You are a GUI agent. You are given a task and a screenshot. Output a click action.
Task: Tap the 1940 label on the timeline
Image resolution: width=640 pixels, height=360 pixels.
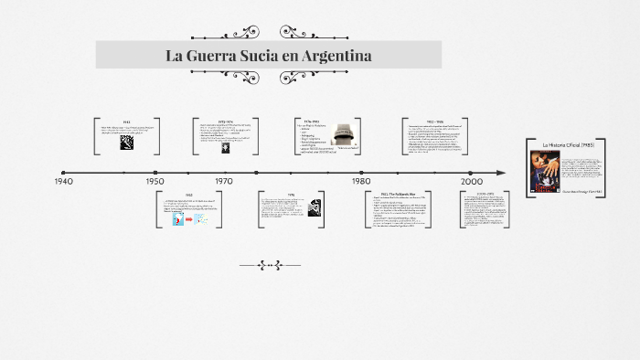tap(63, 182)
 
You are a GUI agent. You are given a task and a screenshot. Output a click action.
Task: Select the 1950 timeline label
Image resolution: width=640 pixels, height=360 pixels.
tap(155, 182)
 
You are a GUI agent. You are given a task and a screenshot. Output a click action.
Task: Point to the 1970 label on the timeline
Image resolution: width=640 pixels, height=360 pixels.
tap(224, 182)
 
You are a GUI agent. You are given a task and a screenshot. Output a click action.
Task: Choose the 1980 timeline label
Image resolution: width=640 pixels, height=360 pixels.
tap(362, 182)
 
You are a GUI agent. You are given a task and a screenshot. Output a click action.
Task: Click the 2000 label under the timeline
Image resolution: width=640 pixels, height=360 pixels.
tap(471, 182)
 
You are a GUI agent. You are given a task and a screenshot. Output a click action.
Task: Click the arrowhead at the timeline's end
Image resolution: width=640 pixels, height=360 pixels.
tap(500, 172)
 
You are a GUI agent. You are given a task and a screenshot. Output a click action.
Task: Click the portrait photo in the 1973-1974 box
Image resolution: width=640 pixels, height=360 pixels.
tap(226, 147)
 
